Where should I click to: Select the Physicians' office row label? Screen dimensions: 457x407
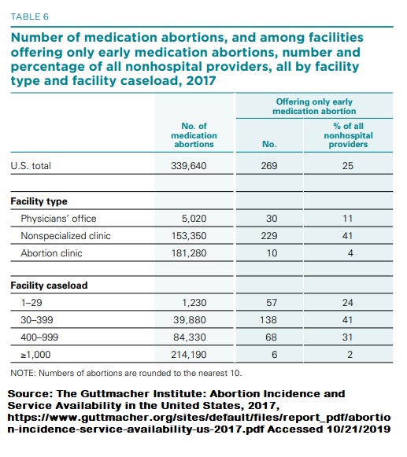click(x=58, y=218)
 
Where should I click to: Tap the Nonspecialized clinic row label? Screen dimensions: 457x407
click(x=65, y=235)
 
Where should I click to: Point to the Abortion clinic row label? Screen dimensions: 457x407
click(x=51, y=252)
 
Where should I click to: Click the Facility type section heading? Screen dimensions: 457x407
click(x=38, y=201)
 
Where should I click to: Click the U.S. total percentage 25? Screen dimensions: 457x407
click(x=348, y=166)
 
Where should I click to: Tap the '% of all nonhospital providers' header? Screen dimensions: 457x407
click(x=348, y=135)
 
